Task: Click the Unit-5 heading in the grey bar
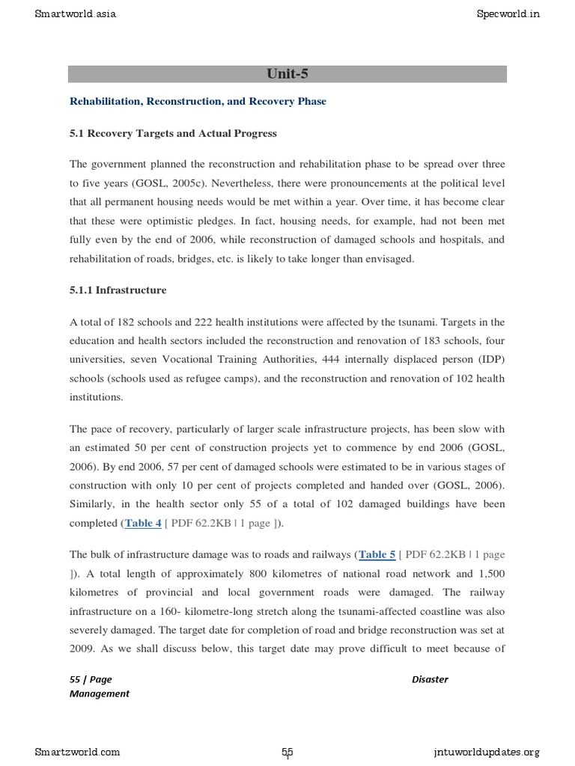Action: [x=287, y=73]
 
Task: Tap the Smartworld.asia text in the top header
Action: [x=76, y=13]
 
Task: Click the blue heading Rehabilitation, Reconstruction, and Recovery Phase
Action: [x=198, y=101]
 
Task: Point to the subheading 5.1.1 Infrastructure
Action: [x=118, y=289]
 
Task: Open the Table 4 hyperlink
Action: [x=143, y=523]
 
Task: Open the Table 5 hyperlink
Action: [x=377, y=554]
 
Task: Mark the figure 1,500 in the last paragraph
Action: [x=489, y=574]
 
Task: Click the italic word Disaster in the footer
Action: [x=430, y=679]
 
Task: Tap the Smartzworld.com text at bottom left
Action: [x=77, y=752]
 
